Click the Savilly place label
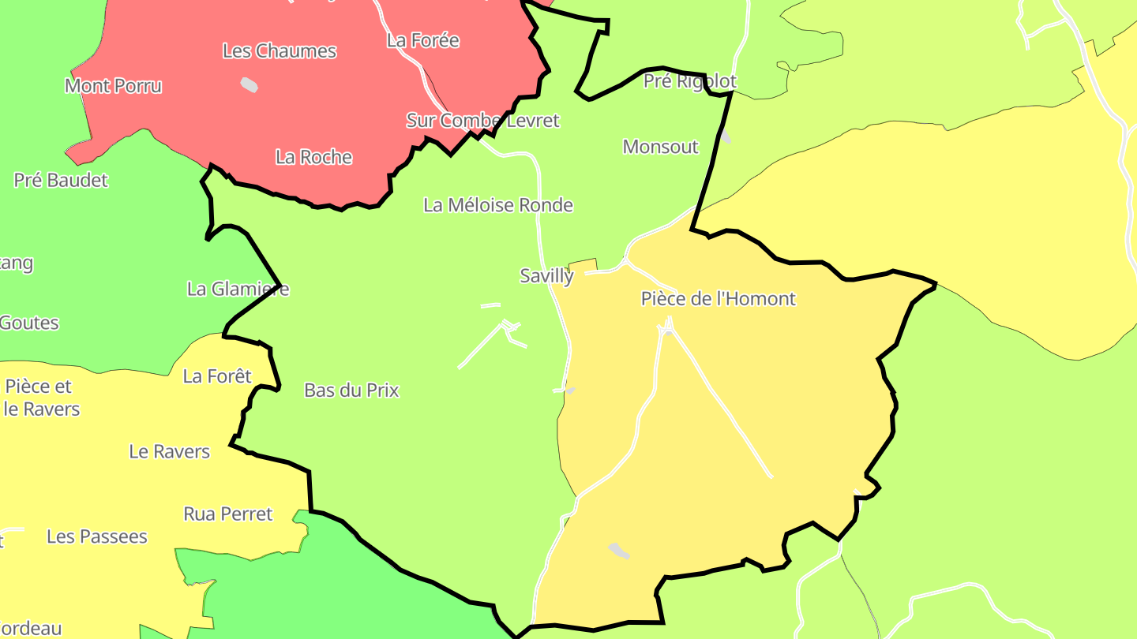coord(546,276)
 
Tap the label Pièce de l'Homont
coord(718,299)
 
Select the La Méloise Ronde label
coord(498,205)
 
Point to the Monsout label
coord(660,147)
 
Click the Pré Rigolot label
coord(689,81)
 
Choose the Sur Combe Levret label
coord(482,121)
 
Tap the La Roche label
coord(313,157)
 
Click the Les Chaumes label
coord(280,51)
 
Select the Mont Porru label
coord(113,86)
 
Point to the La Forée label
coord(422,40)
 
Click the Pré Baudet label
coord(61,180)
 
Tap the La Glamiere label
coord(238,290)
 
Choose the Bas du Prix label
coord(351,390)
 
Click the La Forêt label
coord(217,376)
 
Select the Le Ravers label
coord(170,452)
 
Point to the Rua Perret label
coord(227,514)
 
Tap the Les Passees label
coord(97,536)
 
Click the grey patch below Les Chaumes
coord(250,84)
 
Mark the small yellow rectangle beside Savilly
coord(583,266)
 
